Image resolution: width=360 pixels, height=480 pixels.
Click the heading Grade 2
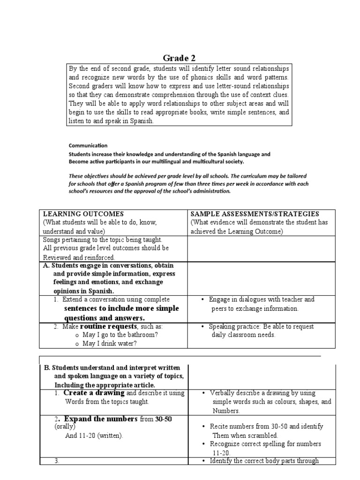(x=179, y=58)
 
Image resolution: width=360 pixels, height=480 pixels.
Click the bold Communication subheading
(x=88, y=145)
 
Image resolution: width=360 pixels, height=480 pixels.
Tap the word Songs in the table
(x=52, y=240)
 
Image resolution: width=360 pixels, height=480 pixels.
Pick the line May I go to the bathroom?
(x=120, y=335)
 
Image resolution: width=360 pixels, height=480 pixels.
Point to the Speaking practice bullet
(x=261, y=327)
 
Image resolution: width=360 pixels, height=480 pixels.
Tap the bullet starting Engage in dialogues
(x=262, y=300)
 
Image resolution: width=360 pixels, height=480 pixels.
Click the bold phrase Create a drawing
(x=94, y=393)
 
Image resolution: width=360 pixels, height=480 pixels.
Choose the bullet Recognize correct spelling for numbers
(x=265, y=444)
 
